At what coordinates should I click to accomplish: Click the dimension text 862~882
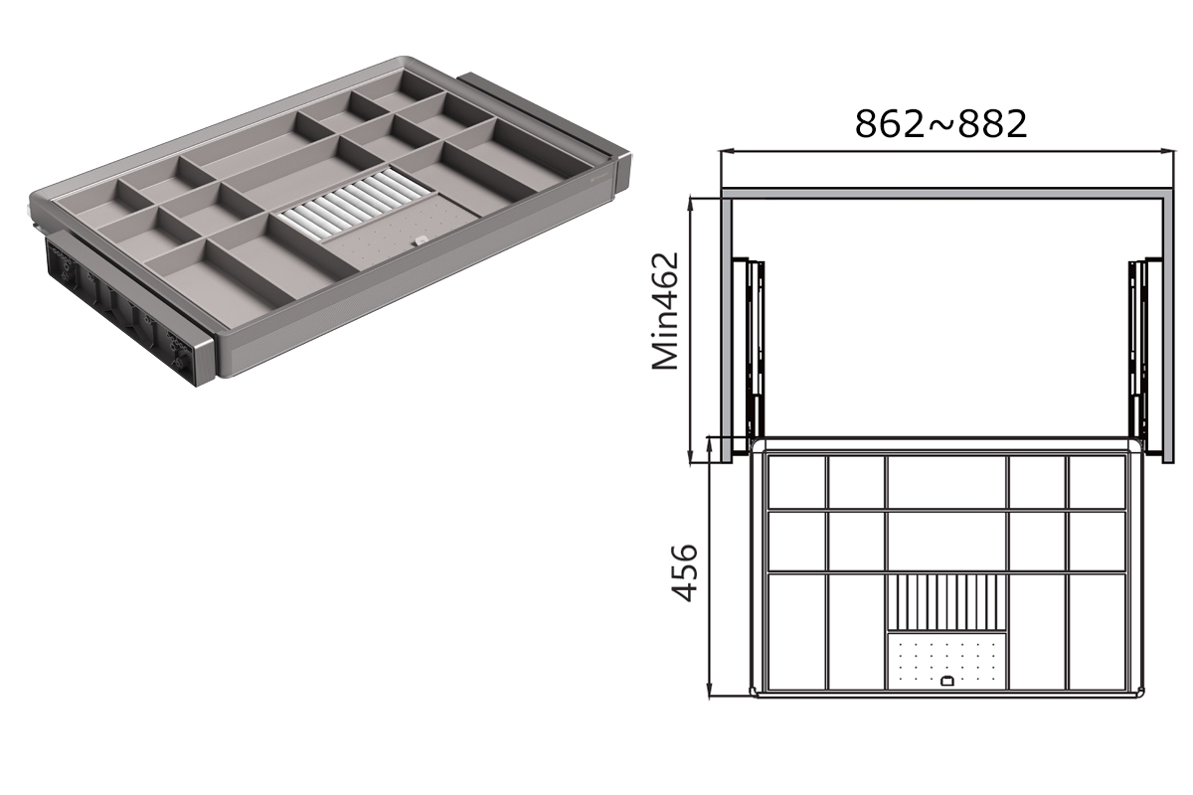(941, 124)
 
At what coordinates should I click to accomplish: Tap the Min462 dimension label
(665, 311)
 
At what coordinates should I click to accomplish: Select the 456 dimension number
(684, 573)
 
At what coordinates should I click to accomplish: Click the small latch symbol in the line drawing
(946, 681)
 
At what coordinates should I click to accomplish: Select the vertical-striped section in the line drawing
(946, 602)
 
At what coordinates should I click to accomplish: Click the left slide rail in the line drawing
(749, 357)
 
